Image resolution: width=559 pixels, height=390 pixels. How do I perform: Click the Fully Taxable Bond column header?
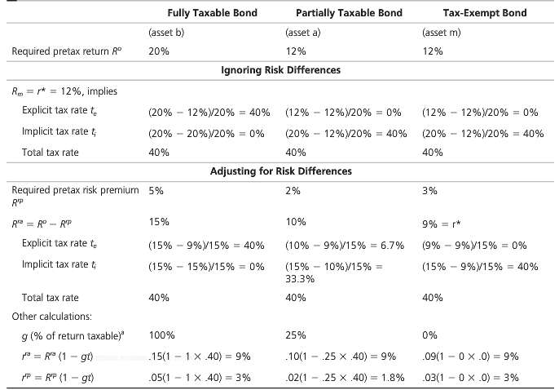point(201,13)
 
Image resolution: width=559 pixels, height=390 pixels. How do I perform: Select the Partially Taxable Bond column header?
point(344,13)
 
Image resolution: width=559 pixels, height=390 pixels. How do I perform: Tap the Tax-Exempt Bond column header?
point(484,13)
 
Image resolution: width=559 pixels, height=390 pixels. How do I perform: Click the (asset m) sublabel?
point(443,33)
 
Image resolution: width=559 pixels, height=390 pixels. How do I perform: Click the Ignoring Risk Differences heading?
point(281,70)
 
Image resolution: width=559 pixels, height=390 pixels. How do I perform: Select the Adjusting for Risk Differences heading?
point(281,171)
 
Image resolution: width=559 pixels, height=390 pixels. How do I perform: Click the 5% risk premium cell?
point(156,191)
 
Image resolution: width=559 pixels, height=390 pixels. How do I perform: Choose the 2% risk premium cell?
point(293,191)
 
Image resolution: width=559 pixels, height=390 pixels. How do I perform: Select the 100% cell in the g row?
point(161,335)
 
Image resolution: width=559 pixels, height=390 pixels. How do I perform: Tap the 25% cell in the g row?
point(296,335)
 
